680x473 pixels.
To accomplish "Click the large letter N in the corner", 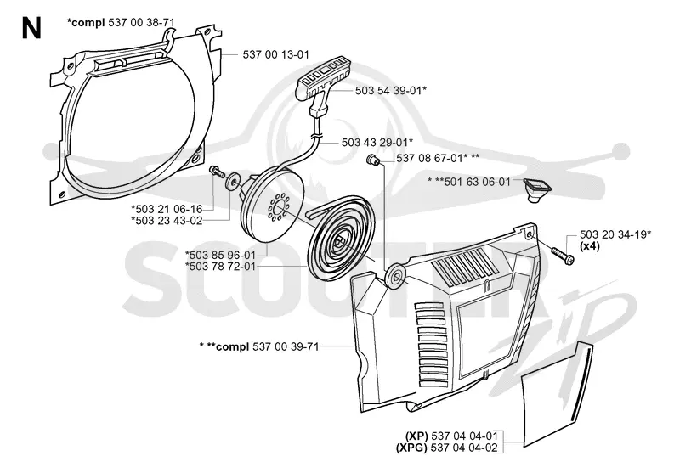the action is pos(31,29).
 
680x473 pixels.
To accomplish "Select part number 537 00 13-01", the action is pos(275,54).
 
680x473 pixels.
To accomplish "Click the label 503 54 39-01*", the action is pos(391,91).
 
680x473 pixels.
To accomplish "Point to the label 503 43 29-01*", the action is pos(377,142).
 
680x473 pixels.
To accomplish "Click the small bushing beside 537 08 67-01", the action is pos(373,160).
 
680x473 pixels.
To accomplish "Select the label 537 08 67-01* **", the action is pos(438,158).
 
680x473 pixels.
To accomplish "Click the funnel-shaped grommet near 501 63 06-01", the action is pos(537,189).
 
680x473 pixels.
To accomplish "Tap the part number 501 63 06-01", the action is pos(478,182).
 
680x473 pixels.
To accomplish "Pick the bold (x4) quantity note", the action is pos(590,246).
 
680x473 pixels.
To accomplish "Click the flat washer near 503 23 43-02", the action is pos(234,181).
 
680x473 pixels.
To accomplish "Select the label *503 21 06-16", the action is pos(167,209).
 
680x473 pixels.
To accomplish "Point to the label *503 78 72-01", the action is pos(220,266).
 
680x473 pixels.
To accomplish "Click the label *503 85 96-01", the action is pos(220,255).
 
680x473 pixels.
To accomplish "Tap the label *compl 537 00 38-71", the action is pos(121,23).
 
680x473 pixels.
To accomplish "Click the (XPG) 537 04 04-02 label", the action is pos(447,448).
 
